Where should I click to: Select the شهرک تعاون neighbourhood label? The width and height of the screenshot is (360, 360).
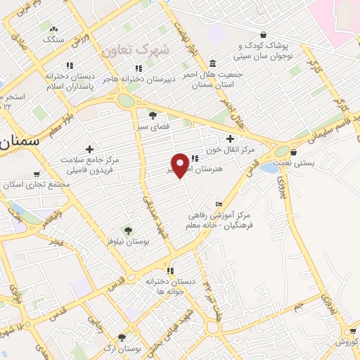pos(136,51)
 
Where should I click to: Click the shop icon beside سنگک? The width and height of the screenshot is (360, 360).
pos(67,30)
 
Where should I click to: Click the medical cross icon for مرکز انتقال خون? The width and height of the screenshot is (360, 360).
pos(230,139)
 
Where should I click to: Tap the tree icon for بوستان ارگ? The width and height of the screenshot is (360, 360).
pos(122,337)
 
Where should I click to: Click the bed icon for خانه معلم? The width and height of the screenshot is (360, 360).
pos(219,204)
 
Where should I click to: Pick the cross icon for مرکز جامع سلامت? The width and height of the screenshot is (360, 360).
pos(89,149)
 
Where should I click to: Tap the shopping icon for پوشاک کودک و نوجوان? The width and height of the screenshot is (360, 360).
pos(262,34)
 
